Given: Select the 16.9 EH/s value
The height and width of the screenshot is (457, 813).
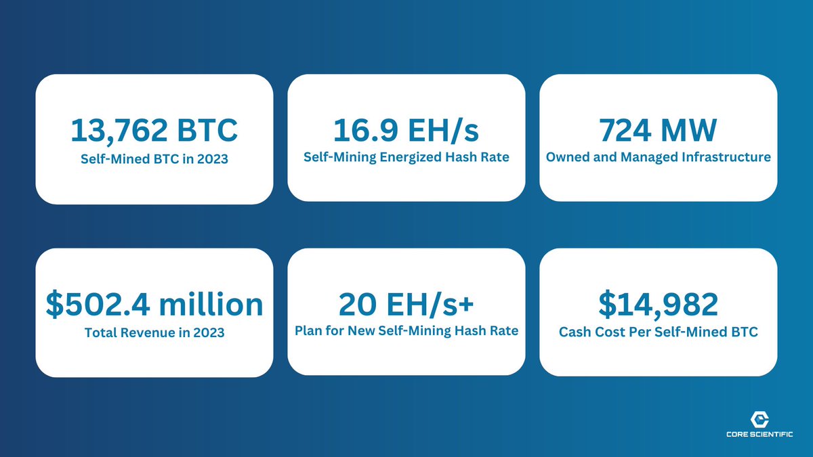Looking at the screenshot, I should point(406,129).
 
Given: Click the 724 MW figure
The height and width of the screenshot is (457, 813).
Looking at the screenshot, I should point(658,129).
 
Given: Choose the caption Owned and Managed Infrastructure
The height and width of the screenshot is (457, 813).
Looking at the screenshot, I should point(658,158).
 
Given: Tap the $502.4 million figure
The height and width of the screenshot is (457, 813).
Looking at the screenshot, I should point(154,304).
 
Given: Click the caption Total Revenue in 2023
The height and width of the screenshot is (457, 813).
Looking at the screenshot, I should point(154,332).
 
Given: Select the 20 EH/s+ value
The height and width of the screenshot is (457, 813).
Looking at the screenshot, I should point(406,304).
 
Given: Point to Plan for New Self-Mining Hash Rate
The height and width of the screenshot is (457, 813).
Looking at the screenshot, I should point(406,331).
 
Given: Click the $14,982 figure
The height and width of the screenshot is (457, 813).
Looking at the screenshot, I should point(658,304).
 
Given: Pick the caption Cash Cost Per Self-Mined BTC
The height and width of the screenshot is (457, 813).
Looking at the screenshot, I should point(658,332).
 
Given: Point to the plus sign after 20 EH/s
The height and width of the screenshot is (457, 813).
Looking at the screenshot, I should point(465,305).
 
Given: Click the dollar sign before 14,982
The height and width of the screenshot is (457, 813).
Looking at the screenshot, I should point(607,304).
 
